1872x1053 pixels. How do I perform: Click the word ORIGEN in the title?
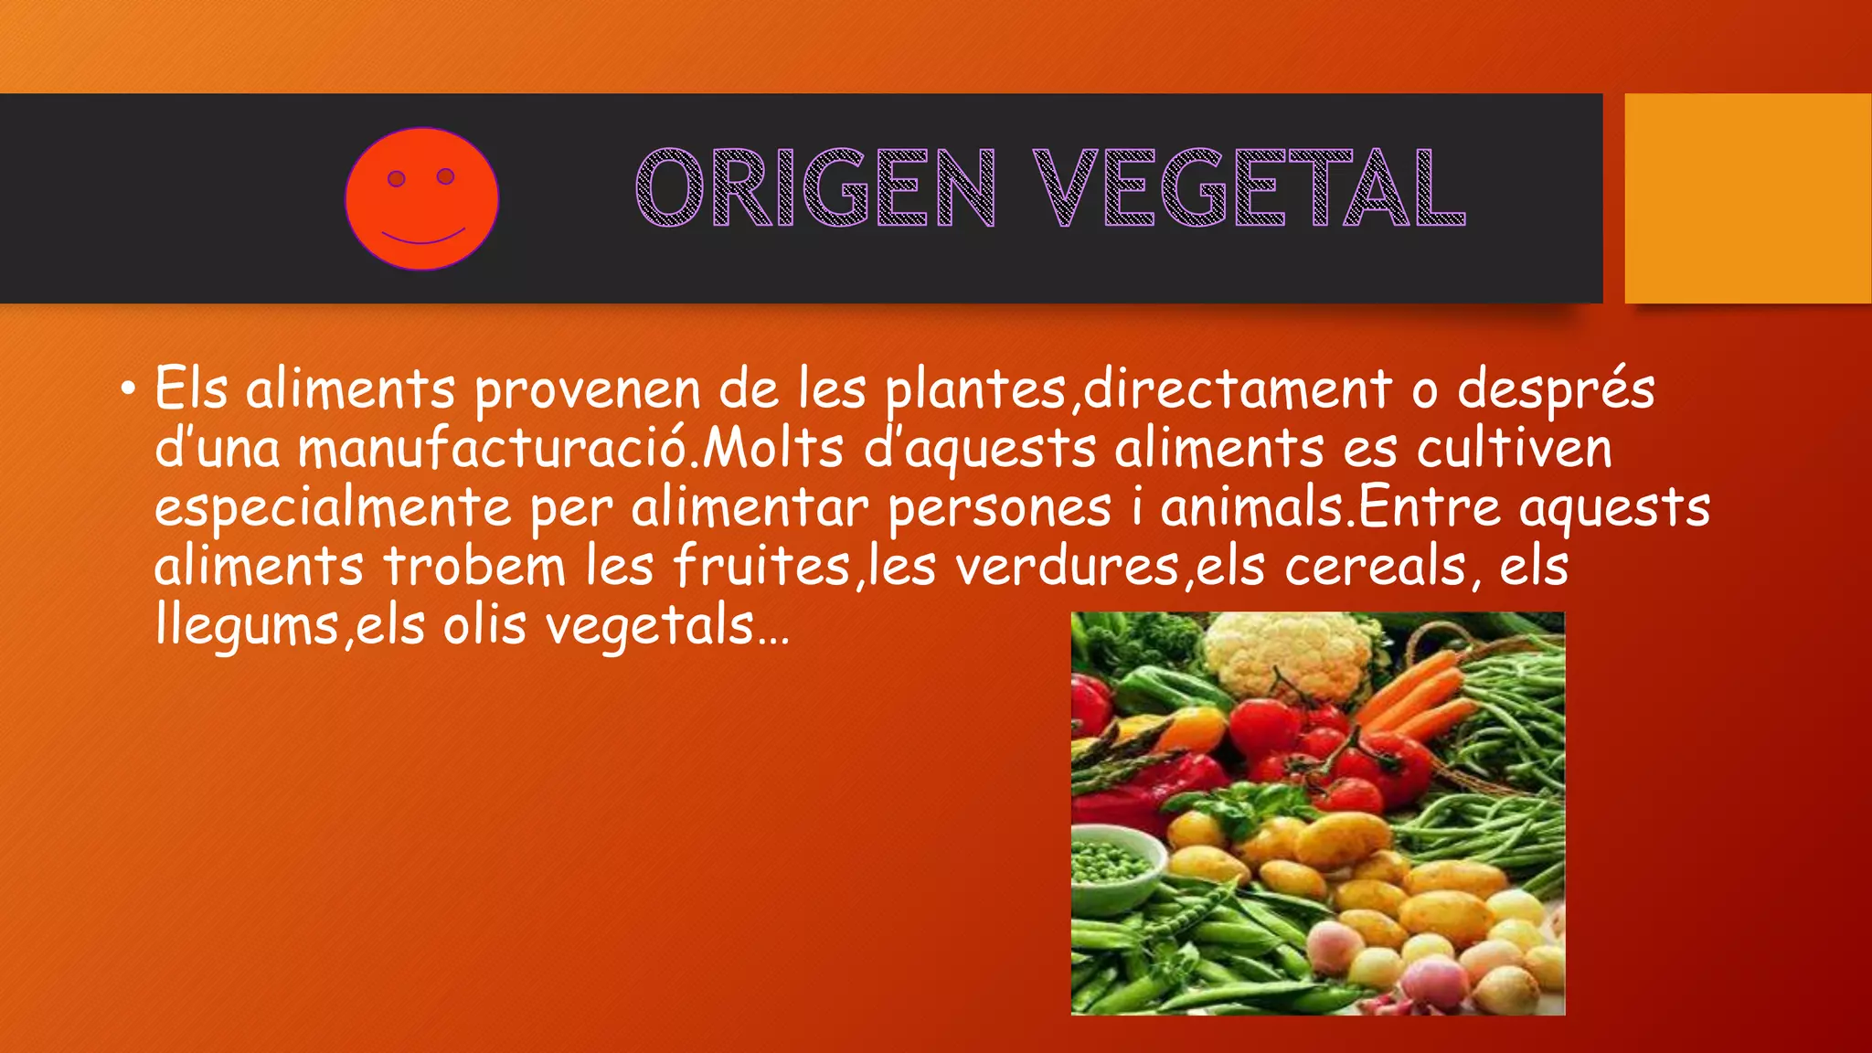(815, 188)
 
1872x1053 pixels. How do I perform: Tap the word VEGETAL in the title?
(1249, 188)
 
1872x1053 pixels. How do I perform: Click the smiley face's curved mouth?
(422, 238)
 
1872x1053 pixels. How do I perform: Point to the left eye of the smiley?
(397, 178)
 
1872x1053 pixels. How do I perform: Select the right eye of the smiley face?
(445, 175)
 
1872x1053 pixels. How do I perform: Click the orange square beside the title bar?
(1748, 197)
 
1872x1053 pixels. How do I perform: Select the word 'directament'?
(1238, 389)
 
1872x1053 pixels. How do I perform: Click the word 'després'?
(1556, 389)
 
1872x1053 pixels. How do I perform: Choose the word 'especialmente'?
(333, 508)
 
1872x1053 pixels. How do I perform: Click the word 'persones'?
(999, 508)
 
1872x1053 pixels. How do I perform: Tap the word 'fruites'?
(762, 567)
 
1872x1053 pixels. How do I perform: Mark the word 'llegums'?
(247, 627)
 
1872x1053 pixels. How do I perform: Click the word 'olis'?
(484, 626)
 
